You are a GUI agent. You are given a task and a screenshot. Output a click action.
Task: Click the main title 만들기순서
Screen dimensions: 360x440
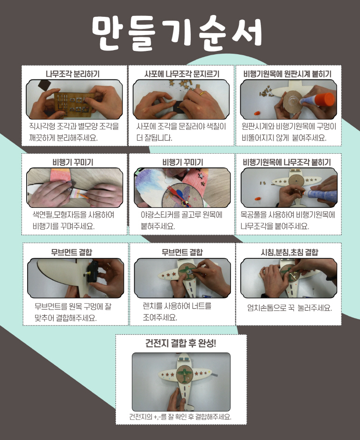tap(177, 33)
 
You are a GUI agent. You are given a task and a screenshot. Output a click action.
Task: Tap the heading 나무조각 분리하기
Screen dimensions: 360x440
tap(73, 74)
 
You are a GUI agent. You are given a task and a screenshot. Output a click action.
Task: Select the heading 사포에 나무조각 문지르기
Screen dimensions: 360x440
tap(182, 74)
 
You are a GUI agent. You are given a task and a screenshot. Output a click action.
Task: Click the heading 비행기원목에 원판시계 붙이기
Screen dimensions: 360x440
tap(287, 74)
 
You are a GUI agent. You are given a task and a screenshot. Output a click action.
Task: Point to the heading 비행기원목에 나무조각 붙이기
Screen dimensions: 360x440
tap(287, 162)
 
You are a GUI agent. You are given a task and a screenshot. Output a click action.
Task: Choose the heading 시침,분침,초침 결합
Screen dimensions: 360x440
tap(289, 252)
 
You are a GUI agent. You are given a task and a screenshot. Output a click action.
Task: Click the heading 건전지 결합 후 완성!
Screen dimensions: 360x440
tap(181, 343)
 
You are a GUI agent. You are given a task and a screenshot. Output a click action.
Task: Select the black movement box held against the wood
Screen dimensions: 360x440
tap(93, 272)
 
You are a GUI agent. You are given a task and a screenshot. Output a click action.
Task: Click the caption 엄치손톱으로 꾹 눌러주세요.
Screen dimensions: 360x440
tap(289, 308)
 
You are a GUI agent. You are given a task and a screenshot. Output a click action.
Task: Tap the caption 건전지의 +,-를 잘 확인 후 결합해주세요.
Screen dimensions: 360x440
tap(180, 417)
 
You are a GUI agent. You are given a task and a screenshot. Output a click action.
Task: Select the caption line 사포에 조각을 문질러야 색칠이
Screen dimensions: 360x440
tap(181, 126)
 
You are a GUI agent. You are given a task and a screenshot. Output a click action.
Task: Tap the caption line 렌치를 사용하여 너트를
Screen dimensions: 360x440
tap(177, 305)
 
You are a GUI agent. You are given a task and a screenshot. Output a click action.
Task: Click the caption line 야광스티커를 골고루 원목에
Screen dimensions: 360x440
tap(181, 215)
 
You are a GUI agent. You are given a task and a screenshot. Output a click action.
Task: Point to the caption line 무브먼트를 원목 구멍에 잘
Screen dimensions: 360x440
tap(73, 306)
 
